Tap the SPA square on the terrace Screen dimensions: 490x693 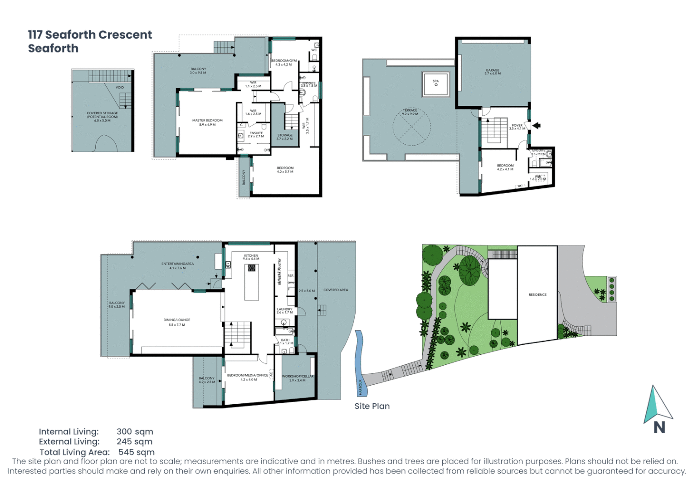435,83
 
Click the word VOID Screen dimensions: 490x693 120,88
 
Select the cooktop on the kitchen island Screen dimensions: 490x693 251,268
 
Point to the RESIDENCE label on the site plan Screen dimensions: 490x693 537,295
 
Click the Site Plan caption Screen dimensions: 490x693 372,406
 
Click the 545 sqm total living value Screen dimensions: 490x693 136,452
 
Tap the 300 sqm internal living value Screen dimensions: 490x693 135,431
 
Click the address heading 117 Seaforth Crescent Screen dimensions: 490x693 90,35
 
